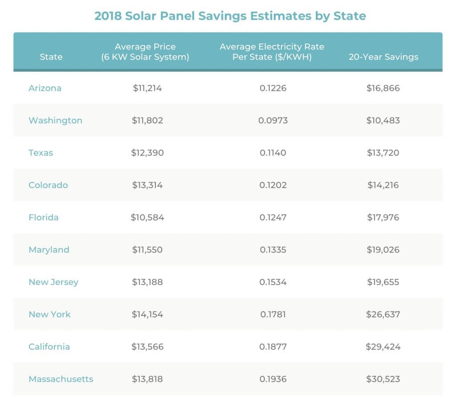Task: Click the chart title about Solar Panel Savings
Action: tap(230, 16)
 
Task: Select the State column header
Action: tap(51, 57)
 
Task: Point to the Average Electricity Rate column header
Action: tap(272, 52)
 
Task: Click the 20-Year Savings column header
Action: tap(383, 57)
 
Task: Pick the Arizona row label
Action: tap(45, 88)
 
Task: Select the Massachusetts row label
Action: tap(61, 379)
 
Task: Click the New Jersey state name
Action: tap(53, 282)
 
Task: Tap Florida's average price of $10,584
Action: tap(147, 217)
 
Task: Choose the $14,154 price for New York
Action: tap(147, 314)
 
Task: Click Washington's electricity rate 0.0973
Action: tap(273, 120)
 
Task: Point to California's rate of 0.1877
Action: tap(273, 347)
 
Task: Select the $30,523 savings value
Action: tap(383, 379)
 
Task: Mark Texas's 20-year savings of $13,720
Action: tap(383, 153)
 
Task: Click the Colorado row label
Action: tap(48, 185)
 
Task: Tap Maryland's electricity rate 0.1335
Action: tap(273, 249)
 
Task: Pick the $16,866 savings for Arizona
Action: tap(383, 88)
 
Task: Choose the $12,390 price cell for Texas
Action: tap(147, 153)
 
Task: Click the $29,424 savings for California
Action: tap(383, 347)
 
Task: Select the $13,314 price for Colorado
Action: tap(147, 185)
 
